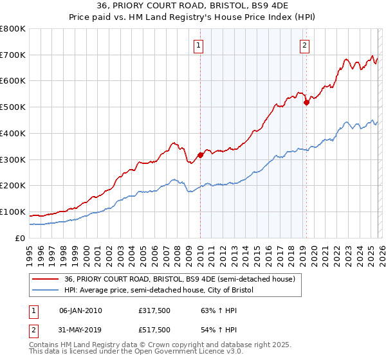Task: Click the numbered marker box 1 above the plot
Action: click(x=199, y=46)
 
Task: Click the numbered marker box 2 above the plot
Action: click(x=304, y=46)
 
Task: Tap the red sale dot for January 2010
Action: click(x=200, y=154)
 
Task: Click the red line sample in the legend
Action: click(x=45, y=279)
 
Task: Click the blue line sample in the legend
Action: click(x=45, y=291)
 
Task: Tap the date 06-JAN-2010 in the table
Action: click(x=80, y=310)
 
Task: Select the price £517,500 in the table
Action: click(x=154, y=330)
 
